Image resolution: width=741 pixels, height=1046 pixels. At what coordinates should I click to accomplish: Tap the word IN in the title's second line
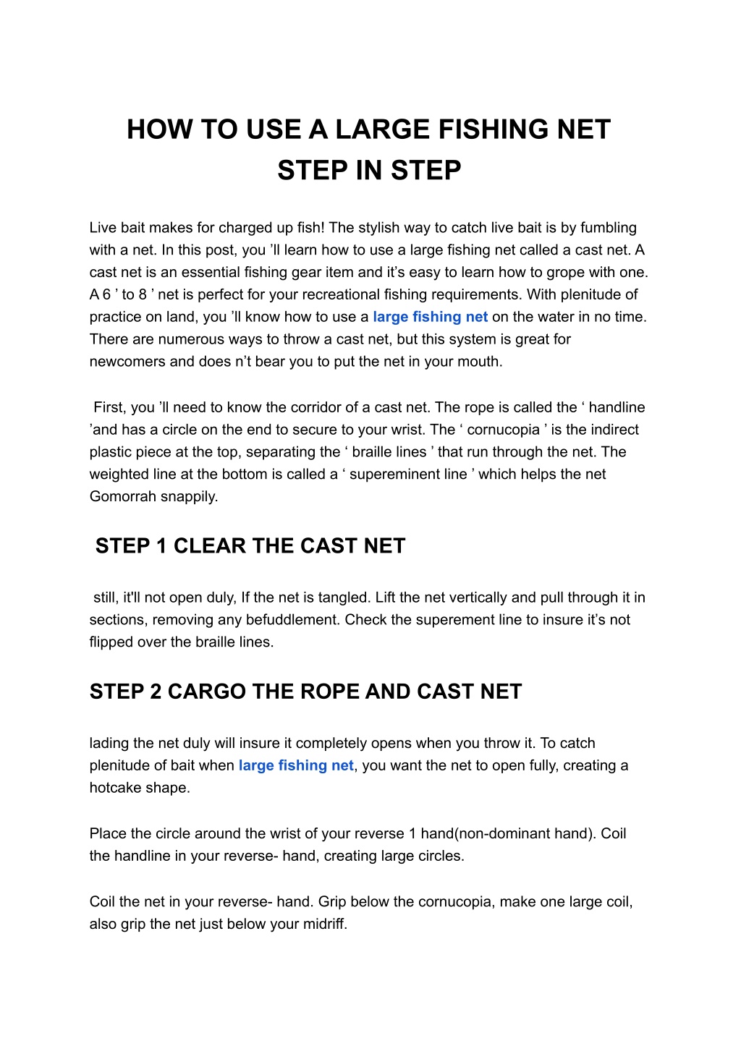coord(370,171)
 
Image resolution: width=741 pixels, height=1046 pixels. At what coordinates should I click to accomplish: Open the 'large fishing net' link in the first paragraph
coord(430,317)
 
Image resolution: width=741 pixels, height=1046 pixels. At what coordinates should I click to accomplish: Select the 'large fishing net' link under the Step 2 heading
coord(296,765)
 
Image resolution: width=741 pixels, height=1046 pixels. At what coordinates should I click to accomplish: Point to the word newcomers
coord(127,362)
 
